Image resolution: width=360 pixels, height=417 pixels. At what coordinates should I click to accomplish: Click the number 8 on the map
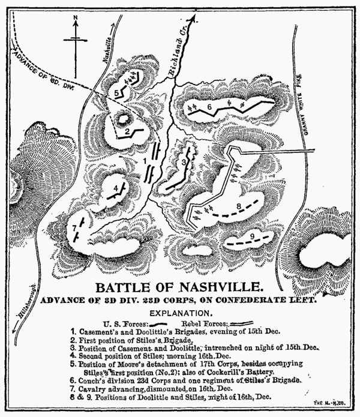point(239,207)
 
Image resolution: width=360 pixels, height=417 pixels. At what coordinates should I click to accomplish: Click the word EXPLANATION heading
point(179,313)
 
